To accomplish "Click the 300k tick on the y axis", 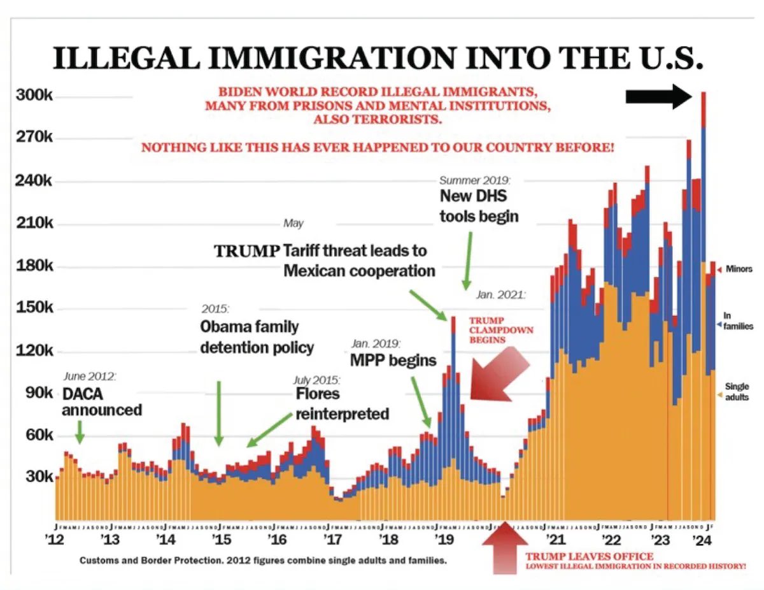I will coord(33,96).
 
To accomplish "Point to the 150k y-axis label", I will coord(33,308).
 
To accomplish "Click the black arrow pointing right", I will coord(658,96).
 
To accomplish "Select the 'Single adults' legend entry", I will coord(737,392).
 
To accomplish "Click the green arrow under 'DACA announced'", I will coord(79,434).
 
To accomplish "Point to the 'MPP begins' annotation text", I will coord(393,360).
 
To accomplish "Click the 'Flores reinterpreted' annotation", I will coord(341,403).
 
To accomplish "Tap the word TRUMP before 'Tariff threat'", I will coord(246,251).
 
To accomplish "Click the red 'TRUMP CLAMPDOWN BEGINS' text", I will coord(501,330).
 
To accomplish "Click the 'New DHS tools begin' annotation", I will coord(479,206).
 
